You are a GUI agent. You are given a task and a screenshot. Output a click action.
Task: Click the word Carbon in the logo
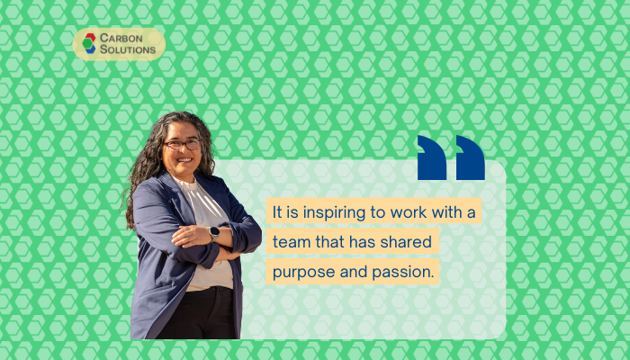tap(121, 38)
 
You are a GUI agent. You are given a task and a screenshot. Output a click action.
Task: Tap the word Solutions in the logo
tap(128, 49)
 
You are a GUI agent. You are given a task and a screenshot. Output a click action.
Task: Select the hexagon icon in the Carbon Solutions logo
tap(89, 43)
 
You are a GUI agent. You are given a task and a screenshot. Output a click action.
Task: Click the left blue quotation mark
tap(432, 157)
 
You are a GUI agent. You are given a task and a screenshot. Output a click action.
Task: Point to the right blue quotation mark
tap(471, 157)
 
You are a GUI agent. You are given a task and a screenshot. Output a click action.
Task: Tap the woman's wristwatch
tap(214, 233)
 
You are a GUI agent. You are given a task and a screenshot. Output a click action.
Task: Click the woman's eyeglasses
tap(183, 145)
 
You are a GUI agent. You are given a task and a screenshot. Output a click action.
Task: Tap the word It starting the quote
tap(277, 212)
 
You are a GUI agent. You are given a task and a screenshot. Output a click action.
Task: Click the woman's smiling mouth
tap(184, 160)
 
